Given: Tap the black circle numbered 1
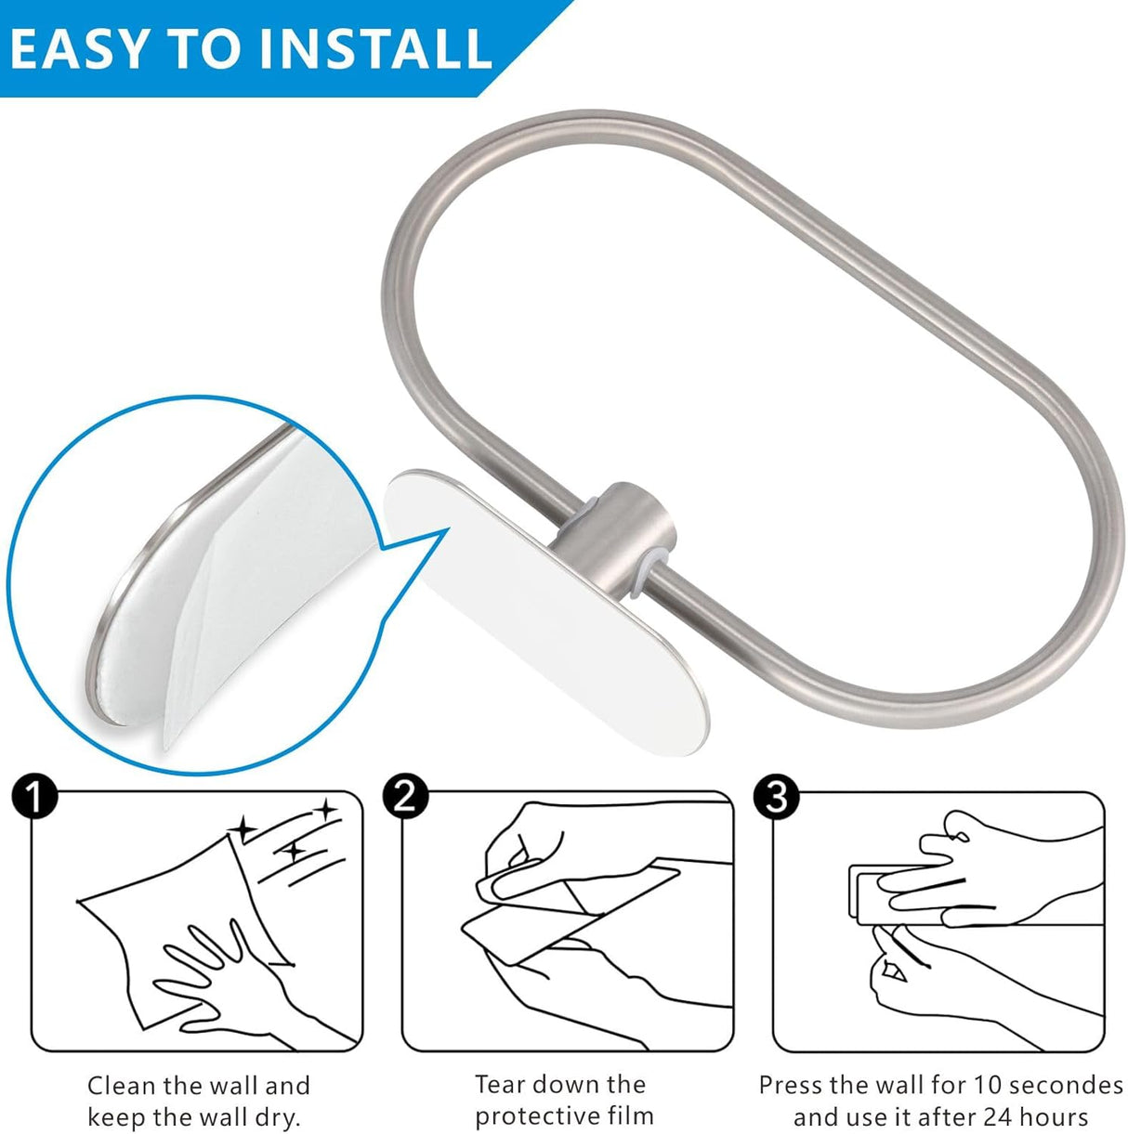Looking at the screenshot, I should [x=34, y=798].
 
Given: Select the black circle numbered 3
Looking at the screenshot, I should [x=777, y=797].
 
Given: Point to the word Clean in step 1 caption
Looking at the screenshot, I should [x=122, y=1086].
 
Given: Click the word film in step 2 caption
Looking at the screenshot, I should [x=632, y=1115].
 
